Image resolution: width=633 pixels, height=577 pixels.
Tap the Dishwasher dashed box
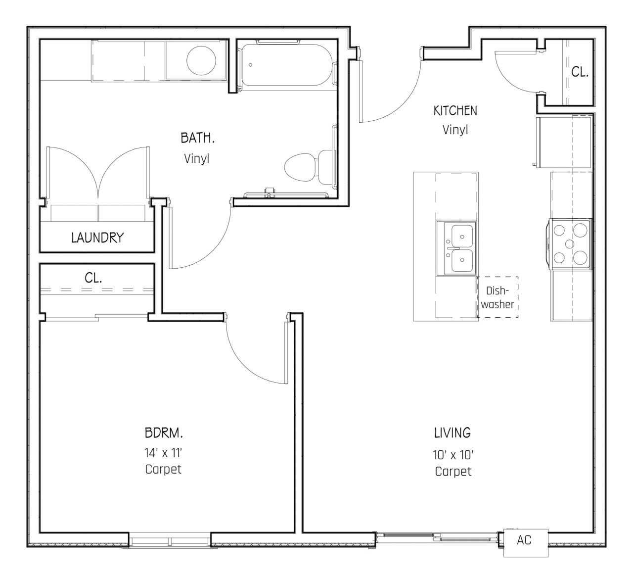point(497,297)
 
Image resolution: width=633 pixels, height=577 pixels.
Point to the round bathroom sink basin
point(201,60)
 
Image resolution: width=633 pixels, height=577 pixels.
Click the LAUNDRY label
point(97,238)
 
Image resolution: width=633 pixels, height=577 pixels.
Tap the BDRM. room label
point(164,433)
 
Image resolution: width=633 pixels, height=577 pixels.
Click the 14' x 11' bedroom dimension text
point(164,452)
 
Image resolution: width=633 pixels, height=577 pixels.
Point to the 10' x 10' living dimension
point(453,455)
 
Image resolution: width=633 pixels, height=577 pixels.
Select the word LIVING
point(452,433)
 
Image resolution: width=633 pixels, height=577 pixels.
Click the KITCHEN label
point(455,110)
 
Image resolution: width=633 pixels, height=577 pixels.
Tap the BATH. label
point(197,138)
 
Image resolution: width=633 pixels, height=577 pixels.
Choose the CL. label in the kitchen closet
point(580,72)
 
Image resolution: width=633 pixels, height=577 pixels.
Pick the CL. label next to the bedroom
point(93,278)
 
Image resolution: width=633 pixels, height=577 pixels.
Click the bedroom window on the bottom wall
point(170,539)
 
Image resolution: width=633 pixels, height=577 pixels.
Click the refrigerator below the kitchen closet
point(564,142)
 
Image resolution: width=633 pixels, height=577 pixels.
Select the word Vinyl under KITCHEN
point(455,130)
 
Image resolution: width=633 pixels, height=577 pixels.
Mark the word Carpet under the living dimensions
point(453,472)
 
